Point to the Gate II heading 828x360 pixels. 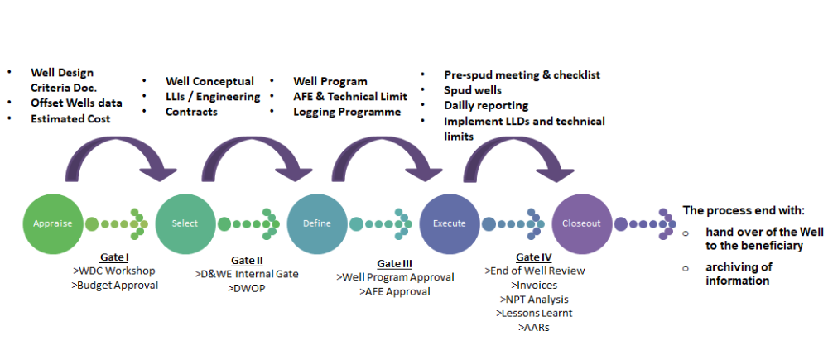pos(247,261)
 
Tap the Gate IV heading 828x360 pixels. pos(534,257)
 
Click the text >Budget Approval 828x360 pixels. pos(116,286)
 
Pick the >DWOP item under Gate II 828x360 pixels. pos(247,288)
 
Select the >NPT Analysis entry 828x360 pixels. pos(534,299)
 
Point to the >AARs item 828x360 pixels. pos(534,327)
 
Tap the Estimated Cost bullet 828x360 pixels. pos(70,118)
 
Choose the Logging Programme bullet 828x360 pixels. pos(347,111)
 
